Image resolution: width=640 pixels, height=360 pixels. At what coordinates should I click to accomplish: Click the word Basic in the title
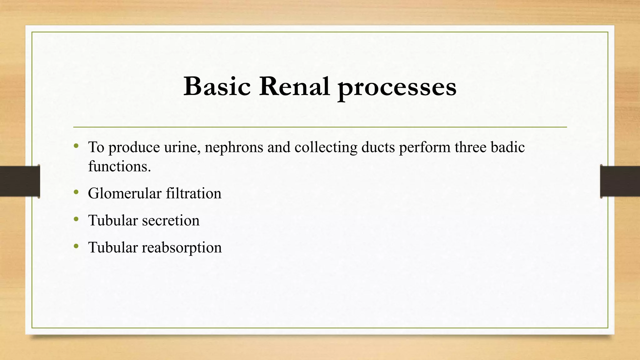[217, 86]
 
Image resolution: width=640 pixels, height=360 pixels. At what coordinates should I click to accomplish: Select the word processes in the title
[397, 87]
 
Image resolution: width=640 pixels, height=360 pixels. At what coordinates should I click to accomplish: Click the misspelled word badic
[507, 147]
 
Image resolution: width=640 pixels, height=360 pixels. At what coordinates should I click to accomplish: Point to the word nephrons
[234, 147]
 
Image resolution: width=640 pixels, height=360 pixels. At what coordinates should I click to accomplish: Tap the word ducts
[378, 147]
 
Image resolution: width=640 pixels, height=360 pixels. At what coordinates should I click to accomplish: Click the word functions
[119, 166]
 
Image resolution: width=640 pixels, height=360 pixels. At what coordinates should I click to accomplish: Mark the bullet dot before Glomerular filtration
[76, 192]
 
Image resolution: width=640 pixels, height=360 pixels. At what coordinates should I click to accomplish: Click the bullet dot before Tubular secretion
[76, 219]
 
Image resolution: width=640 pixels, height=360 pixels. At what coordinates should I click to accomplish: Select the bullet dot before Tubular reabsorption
[76, 247]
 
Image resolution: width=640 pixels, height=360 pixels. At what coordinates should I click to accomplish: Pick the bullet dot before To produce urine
[76, 146]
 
